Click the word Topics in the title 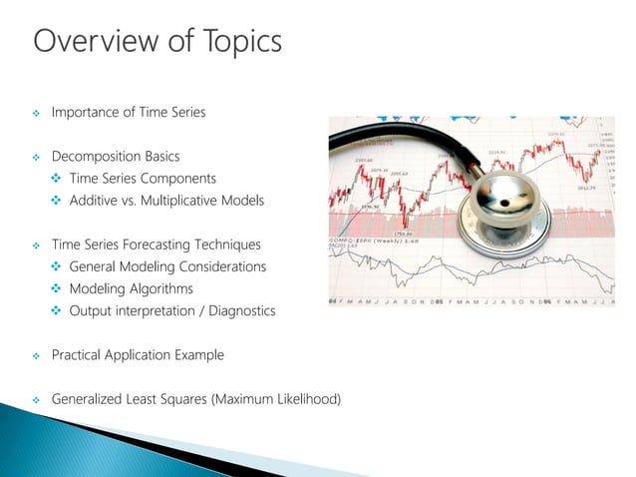[237, 42]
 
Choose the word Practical [80, 354]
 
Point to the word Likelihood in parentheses [308, 399]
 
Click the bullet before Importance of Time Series [36, 113]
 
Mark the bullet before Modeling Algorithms [57, 288]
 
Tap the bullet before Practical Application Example [36, 355]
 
